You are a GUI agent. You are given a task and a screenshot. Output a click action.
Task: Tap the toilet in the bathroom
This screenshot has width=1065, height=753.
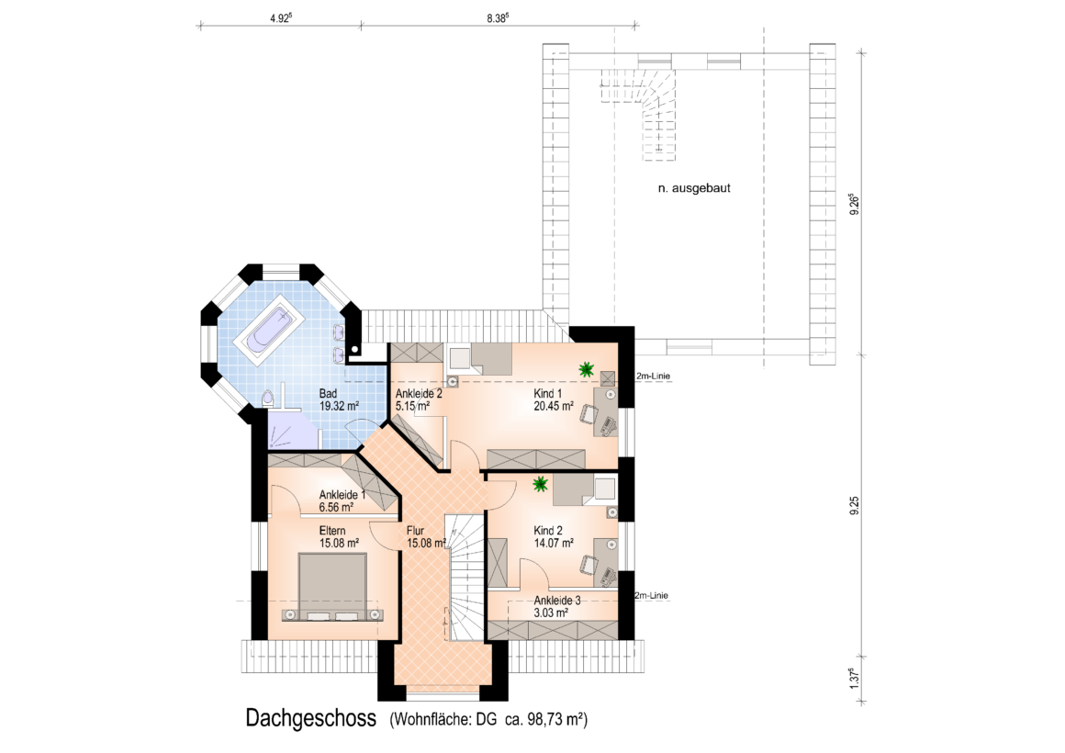point(269,399)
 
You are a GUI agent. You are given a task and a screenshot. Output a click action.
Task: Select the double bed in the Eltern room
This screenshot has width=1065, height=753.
point(332,587)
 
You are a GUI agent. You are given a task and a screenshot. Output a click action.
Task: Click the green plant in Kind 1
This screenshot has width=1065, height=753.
point(586,370)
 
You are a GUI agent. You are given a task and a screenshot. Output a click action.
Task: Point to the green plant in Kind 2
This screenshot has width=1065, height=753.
point(541,485)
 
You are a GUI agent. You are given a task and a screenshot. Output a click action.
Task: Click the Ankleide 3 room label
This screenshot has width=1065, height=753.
point(557,601)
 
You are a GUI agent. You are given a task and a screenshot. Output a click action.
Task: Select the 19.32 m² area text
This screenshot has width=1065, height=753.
point(339,407)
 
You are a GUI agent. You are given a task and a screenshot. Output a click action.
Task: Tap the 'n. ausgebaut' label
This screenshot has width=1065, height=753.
point(694,188)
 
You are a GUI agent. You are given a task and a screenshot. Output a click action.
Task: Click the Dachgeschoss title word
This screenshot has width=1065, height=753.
point(311,718)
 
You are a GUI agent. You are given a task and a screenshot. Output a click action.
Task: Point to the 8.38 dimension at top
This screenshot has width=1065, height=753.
point(498,18)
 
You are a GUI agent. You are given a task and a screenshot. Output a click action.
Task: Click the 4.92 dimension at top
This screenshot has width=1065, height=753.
point(281,18)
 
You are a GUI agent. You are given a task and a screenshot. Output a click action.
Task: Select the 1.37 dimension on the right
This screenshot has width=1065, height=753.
point(855,679)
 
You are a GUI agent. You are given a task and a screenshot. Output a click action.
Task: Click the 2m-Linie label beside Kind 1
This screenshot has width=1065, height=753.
point(653,376)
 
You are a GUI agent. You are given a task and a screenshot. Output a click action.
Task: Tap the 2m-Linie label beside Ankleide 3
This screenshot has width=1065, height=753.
point(651,595)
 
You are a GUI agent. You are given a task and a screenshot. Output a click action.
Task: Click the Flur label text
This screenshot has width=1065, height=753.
point(415,531)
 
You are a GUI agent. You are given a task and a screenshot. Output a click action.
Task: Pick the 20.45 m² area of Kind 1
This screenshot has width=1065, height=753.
point(554,407)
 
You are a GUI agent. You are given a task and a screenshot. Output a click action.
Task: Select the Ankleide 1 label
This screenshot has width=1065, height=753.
point(342,495)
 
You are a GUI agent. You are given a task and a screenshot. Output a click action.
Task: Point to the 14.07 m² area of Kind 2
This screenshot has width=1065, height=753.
point(554,543)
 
